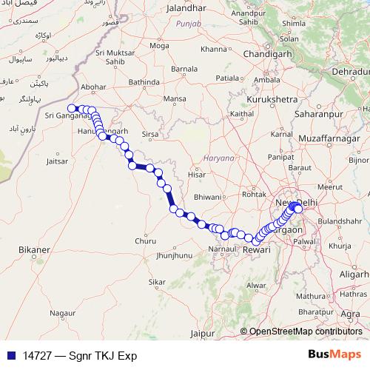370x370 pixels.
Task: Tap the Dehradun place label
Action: click(349, 72)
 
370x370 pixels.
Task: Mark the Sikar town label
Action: click(157, 282)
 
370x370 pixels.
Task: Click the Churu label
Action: click(146, 240)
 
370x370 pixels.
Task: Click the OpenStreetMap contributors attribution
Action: click(305, 332)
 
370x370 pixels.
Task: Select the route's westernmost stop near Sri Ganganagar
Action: click(72, 109)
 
